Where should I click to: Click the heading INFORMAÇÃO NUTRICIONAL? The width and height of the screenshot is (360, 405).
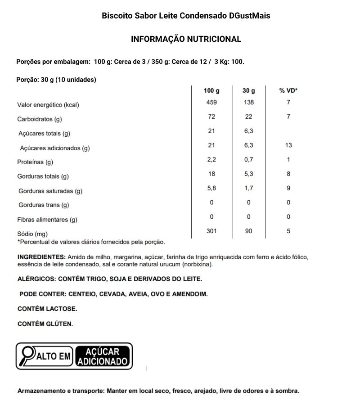[x=186, y=39]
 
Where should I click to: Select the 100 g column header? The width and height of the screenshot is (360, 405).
[x=211, y=90]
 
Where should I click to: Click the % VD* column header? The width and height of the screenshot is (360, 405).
[x=288, y=90]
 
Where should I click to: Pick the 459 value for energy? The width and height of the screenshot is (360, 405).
[x=211, y=102]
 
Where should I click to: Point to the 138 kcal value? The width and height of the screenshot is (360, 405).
[x=248, y=102]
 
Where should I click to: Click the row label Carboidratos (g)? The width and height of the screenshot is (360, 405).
[x=39, y=119]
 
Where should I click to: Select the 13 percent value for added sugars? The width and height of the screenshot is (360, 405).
[x=288, y=145]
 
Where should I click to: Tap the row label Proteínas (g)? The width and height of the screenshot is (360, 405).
[x=35, y=162]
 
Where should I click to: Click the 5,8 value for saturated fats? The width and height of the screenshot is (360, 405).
[x=211, y=188]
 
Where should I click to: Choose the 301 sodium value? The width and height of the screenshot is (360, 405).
[x=211, y=231]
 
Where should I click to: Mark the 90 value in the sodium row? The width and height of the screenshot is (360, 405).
[x=248, y=231]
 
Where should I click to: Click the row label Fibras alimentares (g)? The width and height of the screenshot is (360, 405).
[x=47, y=220]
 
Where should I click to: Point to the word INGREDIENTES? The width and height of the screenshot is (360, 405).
[x=41, y=257]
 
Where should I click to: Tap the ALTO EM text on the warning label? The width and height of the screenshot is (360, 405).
[x=53, y=357]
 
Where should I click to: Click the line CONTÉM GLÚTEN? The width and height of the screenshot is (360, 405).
[x=45, y=324]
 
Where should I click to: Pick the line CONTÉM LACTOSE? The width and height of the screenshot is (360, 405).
[x=47, y=309]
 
